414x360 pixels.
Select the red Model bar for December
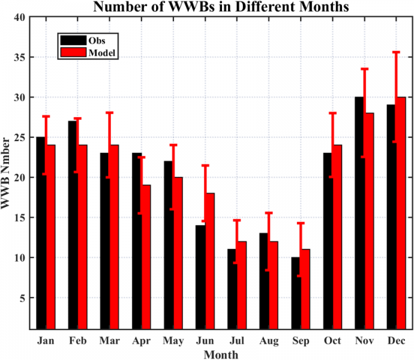point(401,213)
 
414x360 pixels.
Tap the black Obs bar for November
point(359,213)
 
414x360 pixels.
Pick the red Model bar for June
point(209,261)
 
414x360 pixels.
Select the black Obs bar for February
point(72,225)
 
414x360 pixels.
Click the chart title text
point(220,7)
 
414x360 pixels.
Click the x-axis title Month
point(220,354)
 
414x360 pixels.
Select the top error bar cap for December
point(396,52)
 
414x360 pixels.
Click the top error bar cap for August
point(269,213)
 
